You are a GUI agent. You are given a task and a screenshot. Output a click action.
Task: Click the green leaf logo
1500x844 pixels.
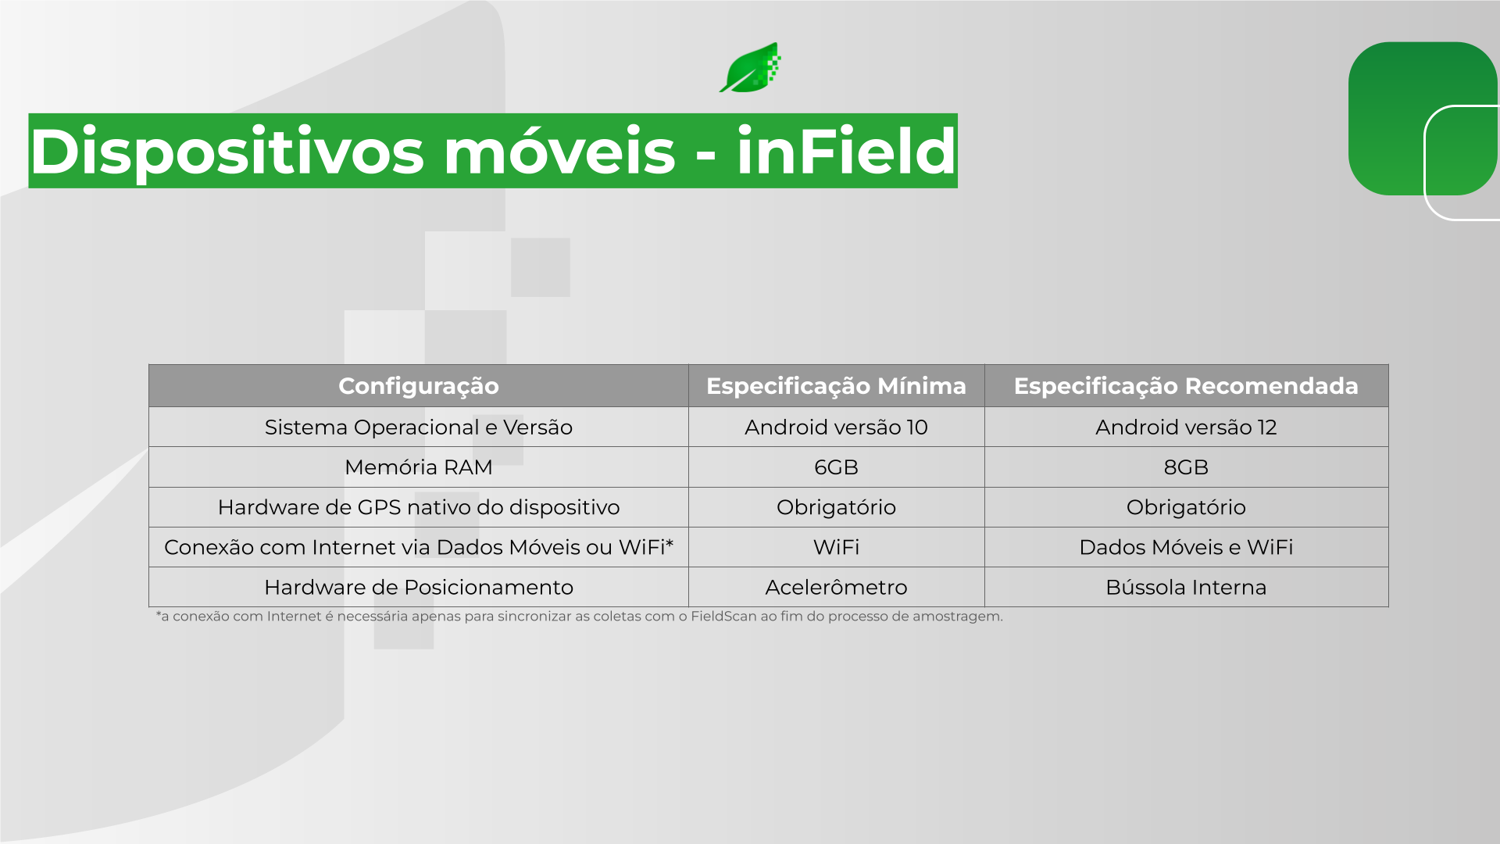click(750, 68)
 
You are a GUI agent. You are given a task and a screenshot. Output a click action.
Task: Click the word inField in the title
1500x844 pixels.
click(846, 151)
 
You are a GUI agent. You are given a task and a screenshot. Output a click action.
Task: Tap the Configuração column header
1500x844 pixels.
click(419, 386)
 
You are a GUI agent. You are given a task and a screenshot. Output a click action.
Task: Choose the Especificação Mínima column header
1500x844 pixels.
click(836, 386)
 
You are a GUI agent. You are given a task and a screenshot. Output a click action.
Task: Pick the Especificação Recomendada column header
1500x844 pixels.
click(1186, 386)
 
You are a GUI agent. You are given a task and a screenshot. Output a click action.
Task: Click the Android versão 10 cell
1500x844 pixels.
click(836, 427)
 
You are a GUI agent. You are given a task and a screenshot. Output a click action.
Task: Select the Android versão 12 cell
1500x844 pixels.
click(1186, 427)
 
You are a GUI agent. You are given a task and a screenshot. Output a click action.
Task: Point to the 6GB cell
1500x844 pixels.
click(836, 467)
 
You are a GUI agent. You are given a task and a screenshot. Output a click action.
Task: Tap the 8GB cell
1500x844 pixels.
click(1186, 467)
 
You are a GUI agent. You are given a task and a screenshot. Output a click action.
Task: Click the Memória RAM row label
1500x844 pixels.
click(419, 467)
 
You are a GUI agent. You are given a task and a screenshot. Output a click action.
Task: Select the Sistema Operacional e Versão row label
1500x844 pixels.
click(419, 427)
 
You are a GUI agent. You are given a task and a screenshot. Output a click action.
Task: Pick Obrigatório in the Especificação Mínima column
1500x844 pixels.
click(836, 508)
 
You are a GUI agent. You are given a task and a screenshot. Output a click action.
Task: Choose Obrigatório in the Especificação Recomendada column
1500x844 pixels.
click(1186, 508)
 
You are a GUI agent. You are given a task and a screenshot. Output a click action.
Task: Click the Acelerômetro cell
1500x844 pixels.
click(836, 588)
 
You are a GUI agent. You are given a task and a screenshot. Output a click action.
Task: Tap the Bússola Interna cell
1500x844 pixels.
click(1186, 588)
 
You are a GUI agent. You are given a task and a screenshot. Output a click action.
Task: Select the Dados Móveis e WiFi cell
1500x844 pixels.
click(1186, 548)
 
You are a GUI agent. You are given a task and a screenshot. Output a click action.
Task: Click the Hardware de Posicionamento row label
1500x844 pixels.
click(419, 588)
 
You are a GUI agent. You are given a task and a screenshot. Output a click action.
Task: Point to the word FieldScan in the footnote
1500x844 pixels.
click(723, 617)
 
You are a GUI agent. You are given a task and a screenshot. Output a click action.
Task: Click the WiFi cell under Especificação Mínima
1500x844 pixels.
click(836, 548)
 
